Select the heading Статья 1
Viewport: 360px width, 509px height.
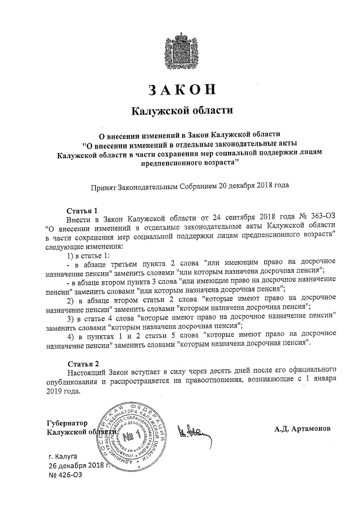point(82,210)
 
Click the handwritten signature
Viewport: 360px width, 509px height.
point(191,432)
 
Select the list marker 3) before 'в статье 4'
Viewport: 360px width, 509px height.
point(71,317)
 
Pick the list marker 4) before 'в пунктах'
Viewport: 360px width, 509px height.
point(71,336)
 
